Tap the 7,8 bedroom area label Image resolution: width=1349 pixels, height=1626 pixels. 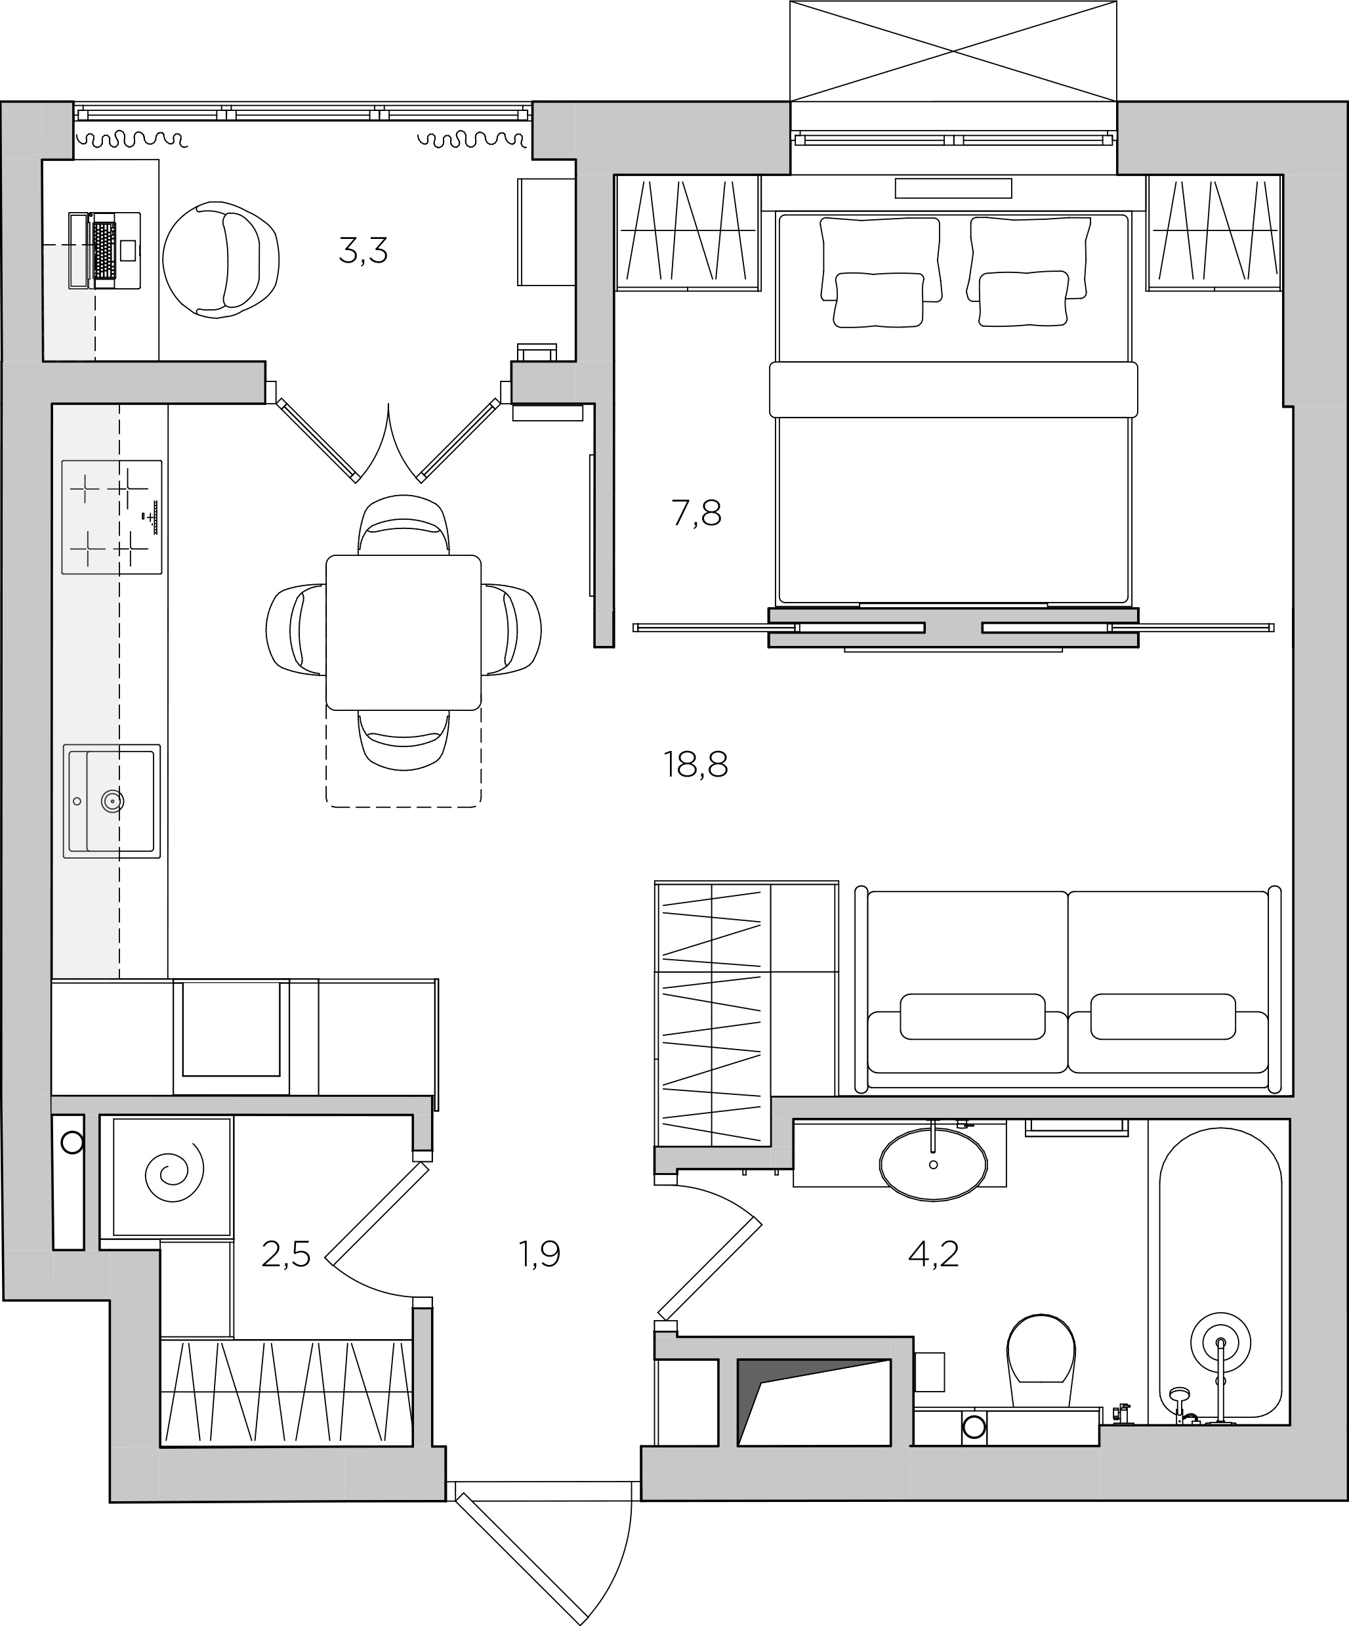[x=697, y=513]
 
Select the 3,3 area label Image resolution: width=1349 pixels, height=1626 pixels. [x=363, y=251]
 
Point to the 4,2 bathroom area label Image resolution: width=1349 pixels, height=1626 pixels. [x=934, y=1254]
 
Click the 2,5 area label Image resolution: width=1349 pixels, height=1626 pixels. [x=285, y=1254]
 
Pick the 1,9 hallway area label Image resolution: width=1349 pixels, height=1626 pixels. [x=539, y=1254]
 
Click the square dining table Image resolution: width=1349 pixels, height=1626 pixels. [x=404, y=631]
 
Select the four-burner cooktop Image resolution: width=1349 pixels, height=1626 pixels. [x=112, y=517]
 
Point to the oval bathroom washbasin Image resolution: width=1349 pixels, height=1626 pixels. [x=934, y=1163]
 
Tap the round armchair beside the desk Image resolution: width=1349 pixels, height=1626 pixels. [x=220, y=259]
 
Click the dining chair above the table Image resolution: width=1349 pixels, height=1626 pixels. [x=404, y=524]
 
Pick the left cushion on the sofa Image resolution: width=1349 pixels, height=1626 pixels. [x=973, y=1017]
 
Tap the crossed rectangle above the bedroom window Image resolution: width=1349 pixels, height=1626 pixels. [x=953, y=51]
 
